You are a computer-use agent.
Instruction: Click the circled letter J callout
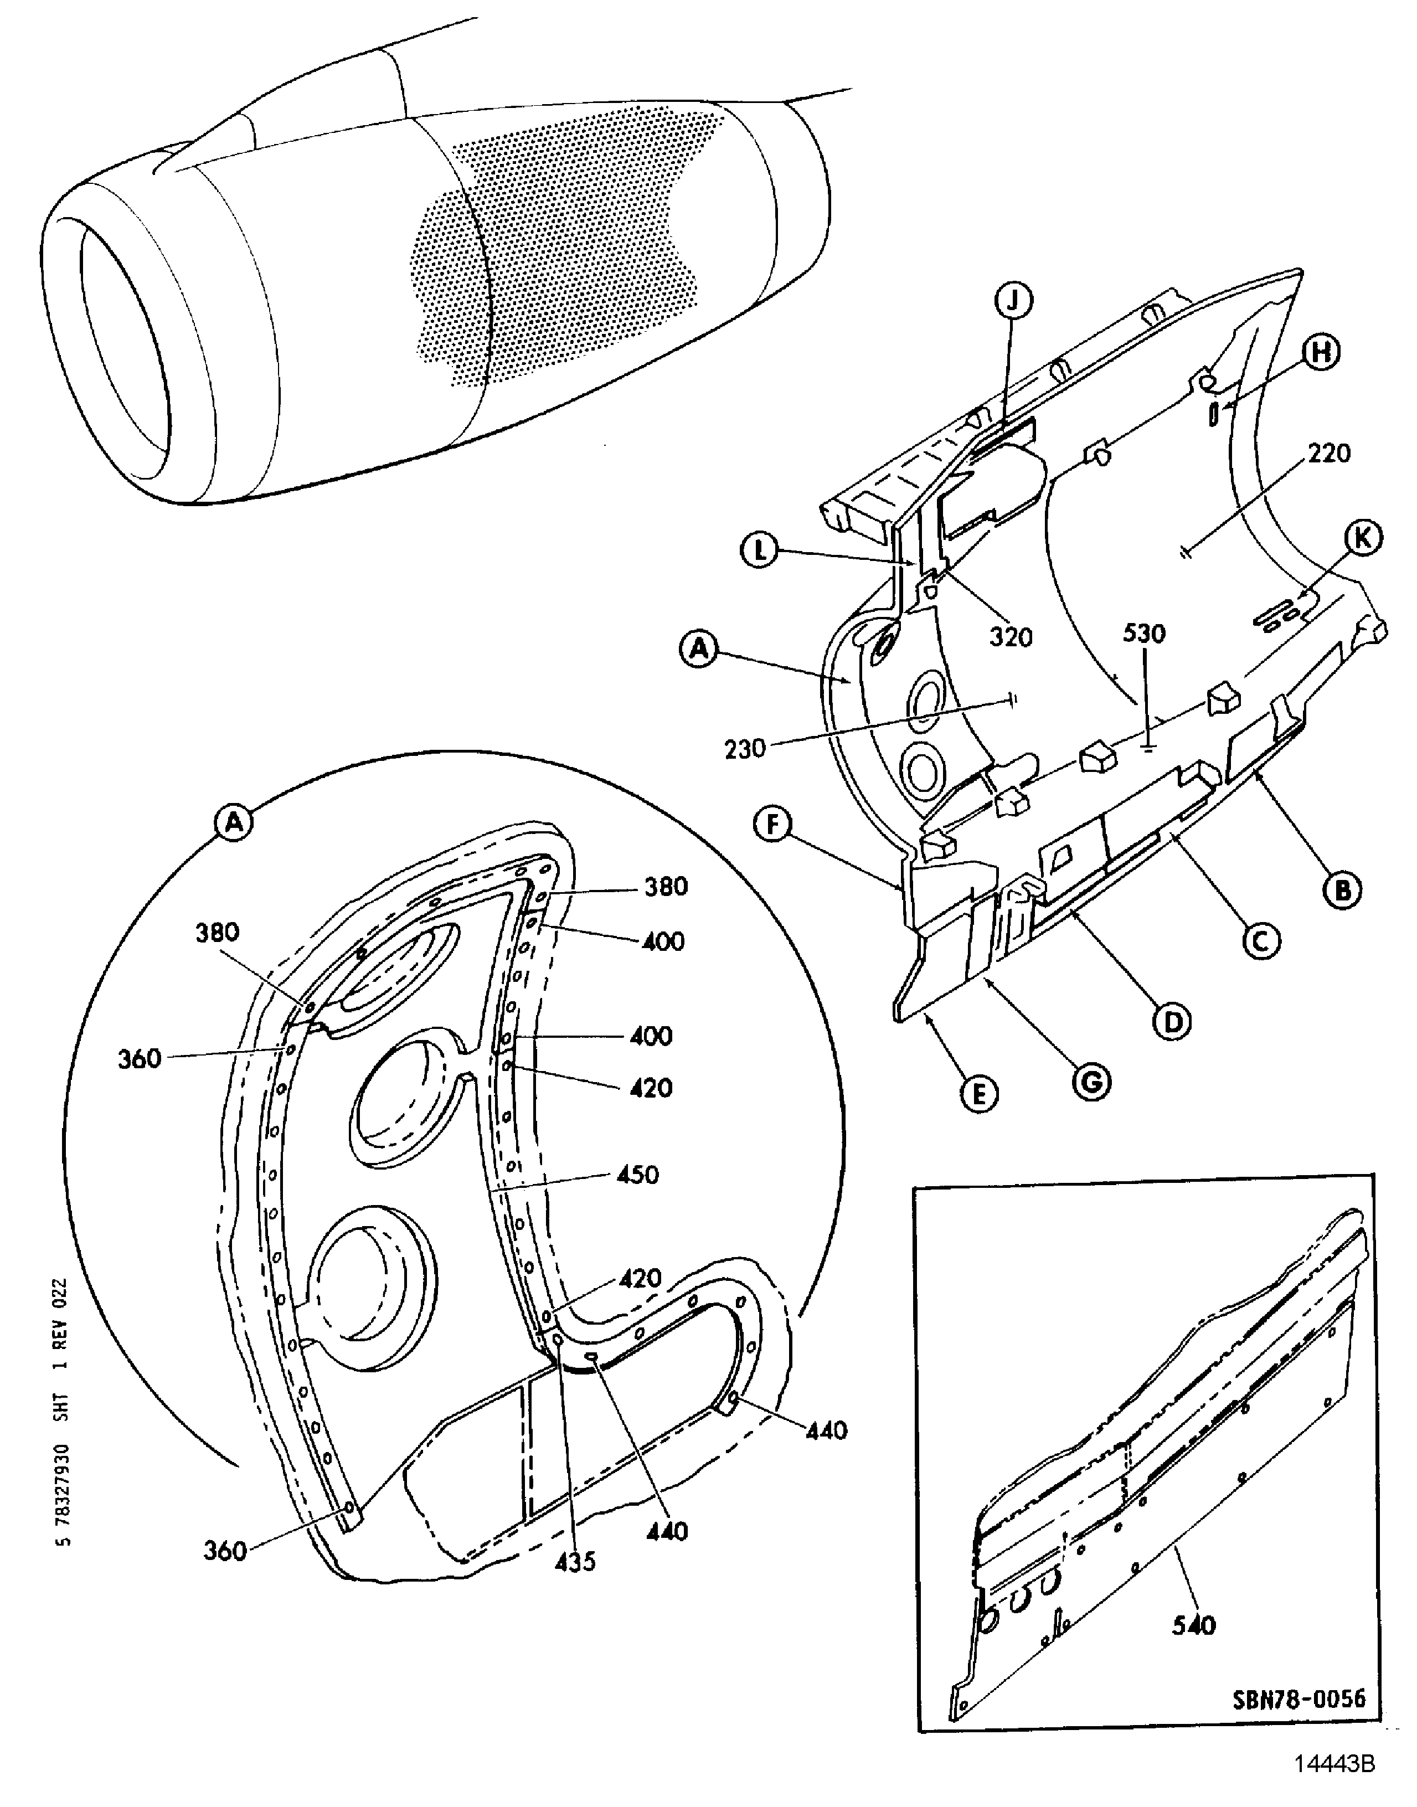click(1013, 301)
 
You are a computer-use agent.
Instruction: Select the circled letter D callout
click(1172, 1021)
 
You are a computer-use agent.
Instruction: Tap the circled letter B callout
click(1342, 890)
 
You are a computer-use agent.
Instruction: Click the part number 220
click(1329, 454)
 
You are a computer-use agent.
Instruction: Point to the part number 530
click(1144, 634)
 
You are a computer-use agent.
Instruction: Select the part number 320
click(1011, 637)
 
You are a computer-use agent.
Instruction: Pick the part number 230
click(744, 749)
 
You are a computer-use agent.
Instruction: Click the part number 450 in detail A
click(637, 1175)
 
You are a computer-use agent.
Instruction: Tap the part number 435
click(575, 1562)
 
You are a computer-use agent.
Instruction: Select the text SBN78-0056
click(1299, 1698)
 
